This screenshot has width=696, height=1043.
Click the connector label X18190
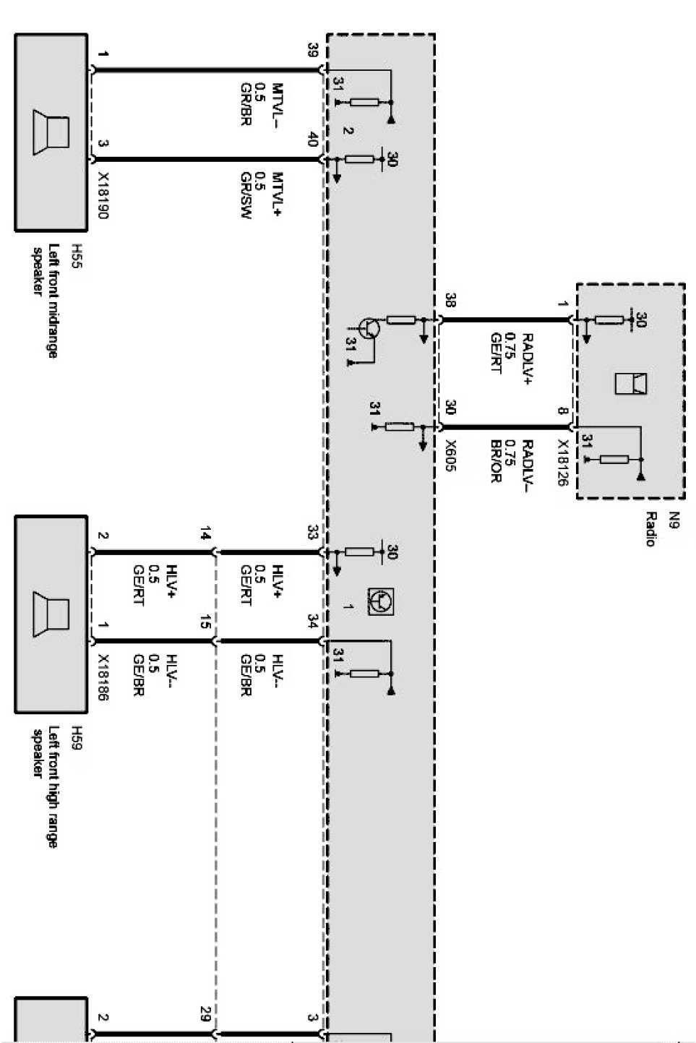(x=103, y=196)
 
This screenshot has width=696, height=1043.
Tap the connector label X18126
(x=563, y=463)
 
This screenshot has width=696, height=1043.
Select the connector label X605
(x=450, y=455)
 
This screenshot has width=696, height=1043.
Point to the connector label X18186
(x=103, y=678)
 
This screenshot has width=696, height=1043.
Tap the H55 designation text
(x=77, y=256)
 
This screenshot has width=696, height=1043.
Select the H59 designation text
(x=77, y=738)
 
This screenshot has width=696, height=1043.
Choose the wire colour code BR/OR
(x=496, y=461)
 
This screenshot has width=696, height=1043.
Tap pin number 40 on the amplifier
(x=314, y=139)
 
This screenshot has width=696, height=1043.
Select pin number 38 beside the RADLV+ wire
(x=450, y=300)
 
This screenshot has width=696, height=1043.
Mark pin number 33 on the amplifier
(x=314, y=532)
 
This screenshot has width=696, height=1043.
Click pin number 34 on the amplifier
(x=314, y=621)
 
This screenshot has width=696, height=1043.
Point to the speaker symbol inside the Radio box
(x=631, y=384)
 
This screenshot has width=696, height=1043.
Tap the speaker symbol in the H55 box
(x=51, y=132)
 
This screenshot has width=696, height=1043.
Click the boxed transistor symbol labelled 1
(x=381, y=601)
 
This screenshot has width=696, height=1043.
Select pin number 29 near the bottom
(x=205, y=1014)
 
